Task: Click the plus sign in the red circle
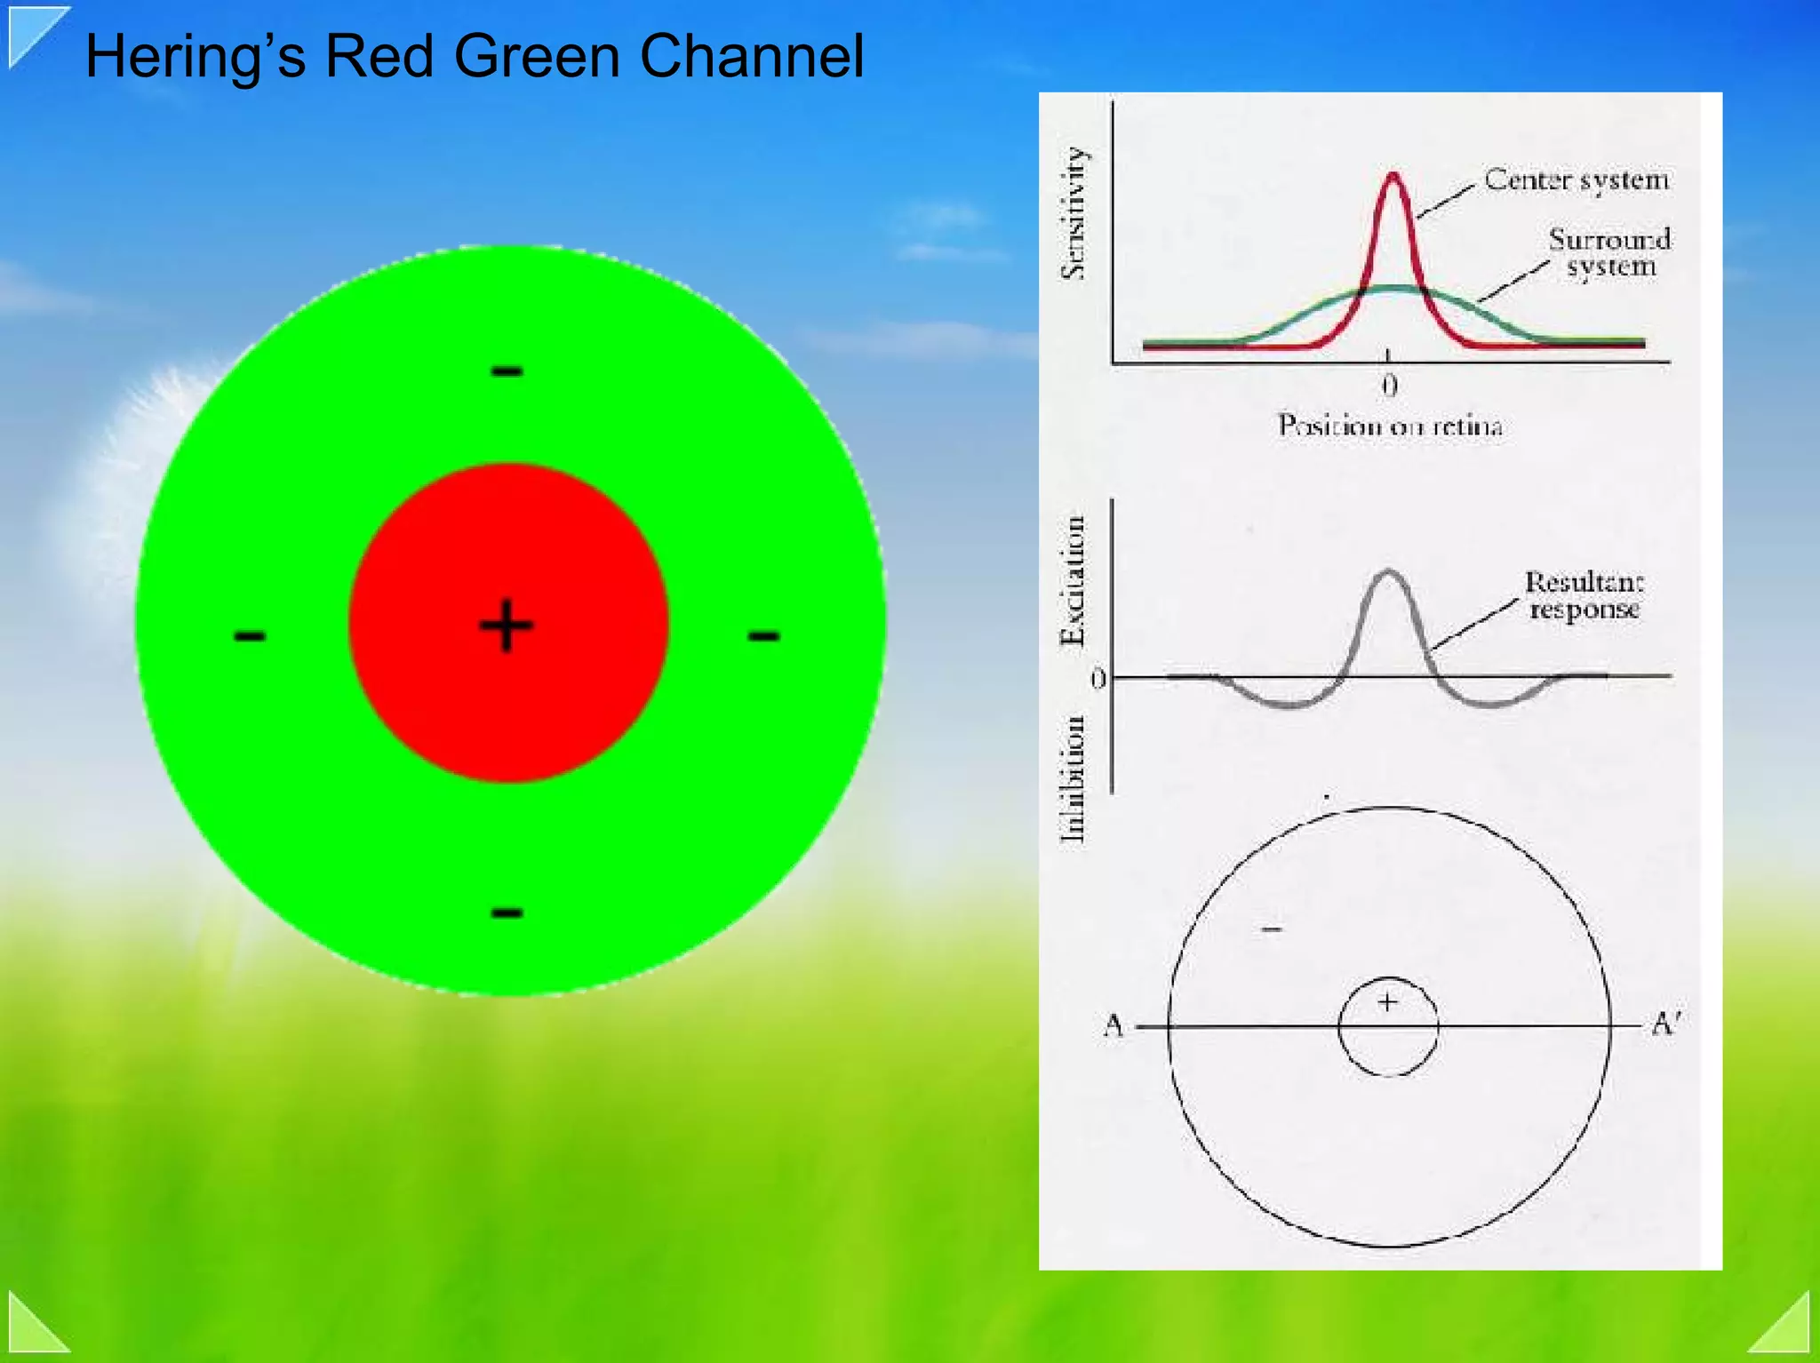507,626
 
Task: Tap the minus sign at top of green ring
507,371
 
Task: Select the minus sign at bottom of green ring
507,913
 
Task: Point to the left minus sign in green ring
250,635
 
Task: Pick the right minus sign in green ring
763,635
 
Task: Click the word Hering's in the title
196,57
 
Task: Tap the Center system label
1577,180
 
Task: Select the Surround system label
1609,252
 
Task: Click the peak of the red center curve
1393,175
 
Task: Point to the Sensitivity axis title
1074,213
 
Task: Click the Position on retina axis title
1390,426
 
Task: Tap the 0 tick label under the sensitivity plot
1390,386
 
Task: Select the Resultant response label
1585,595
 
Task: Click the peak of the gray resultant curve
1388,573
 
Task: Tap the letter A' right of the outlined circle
1664,1024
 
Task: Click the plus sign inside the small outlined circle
1387,1002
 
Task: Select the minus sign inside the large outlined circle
1273,929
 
